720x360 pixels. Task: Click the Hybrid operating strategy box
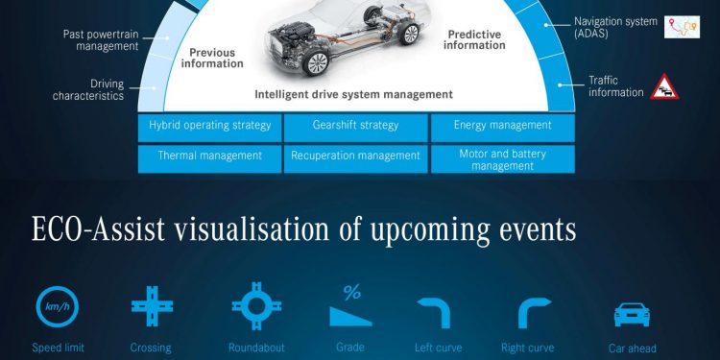tap(209, 126)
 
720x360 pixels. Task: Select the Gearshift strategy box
tap(355, 126)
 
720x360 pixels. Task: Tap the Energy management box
tap(502, 126)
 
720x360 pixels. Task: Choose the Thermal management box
tap(209, 156)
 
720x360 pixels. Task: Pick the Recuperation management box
tap(355, 156)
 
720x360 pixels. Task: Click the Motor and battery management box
tap(502, 158)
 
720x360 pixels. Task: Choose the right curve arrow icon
tap(533, 312)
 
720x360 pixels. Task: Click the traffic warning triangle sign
tap(665, 87)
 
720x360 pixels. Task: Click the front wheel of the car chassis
tap(314, 66)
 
